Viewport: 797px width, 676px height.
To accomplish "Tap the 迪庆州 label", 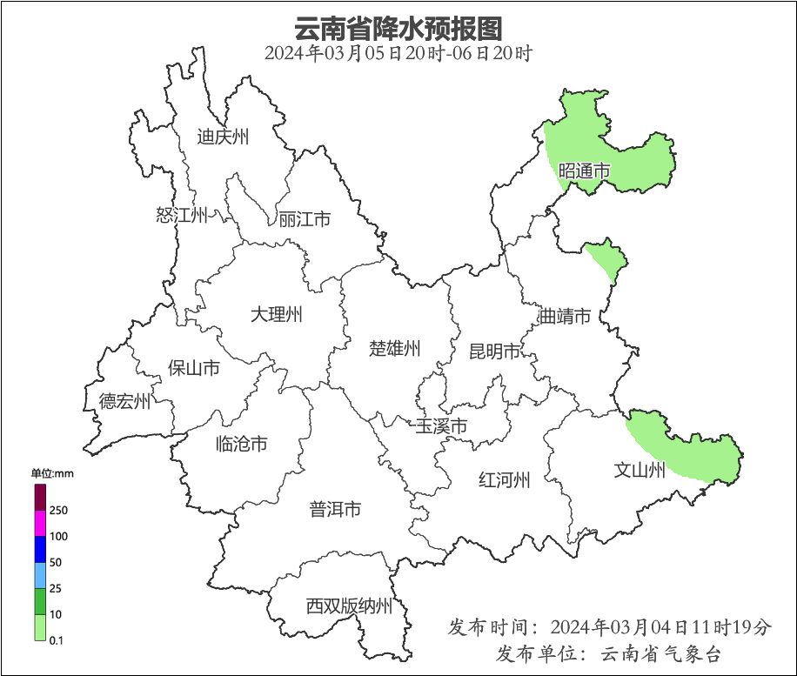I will [223, 137].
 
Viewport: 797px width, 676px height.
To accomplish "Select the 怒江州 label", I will [182, 215].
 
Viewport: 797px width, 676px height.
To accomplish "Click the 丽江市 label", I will [305, 219].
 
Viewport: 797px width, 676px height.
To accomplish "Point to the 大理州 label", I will [276, 314].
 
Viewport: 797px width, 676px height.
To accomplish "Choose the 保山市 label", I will [193, 368].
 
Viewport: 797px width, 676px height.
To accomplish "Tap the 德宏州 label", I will [124, 401].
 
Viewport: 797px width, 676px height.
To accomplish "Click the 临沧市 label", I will [241, 445].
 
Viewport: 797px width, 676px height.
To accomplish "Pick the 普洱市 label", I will [335, 510].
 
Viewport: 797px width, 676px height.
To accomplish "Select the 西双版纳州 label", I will [349, 606].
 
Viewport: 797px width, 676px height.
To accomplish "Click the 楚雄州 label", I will [394, 349].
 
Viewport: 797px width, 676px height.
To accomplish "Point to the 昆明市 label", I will [494, 351].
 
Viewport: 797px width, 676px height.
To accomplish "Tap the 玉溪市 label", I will [440, 426].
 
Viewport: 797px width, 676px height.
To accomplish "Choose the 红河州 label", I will [504, 479].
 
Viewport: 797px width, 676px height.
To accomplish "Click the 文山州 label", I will [640, 471].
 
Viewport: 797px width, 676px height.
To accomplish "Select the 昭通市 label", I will [584, 171].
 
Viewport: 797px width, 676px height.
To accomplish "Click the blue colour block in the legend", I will [40, 549].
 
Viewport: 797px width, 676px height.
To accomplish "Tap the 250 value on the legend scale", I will [59, 510].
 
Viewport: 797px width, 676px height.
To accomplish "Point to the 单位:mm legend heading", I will [52, 474].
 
